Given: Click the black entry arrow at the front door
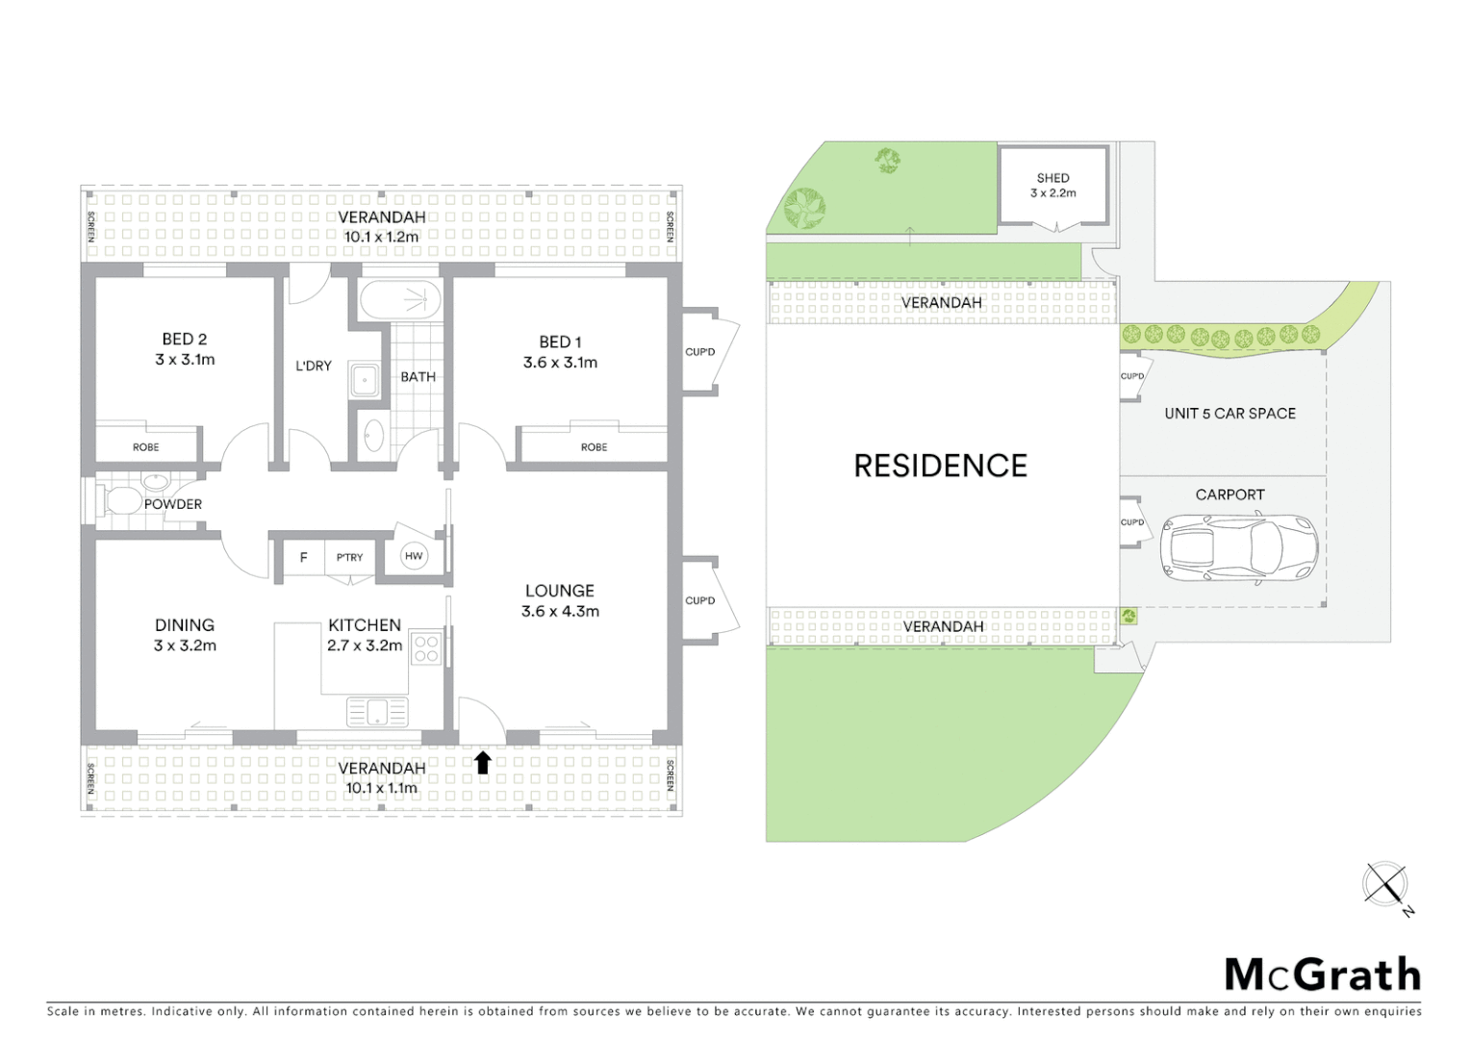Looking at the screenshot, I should pos(483,763).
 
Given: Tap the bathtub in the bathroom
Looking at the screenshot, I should pos(400,300).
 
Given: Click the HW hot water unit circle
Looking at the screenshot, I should pos(414,556).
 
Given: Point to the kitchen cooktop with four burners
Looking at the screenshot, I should pos(425,648).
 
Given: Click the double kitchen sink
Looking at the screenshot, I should pos(377,713).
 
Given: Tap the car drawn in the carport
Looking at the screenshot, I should pos(1239,548).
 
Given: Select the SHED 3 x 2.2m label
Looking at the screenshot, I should pos(1053,186).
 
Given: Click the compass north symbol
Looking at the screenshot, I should pos(1385,885).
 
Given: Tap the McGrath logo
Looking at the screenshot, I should pos(1323,975).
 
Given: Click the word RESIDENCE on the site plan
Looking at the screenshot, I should pos(940,467).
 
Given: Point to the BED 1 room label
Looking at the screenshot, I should pos(560,352).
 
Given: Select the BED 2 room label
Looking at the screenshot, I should pos(185,349).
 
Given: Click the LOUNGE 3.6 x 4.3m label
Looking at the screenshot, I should pos(560,601).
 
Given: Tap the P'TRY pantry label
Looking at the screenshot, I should pos(350,557).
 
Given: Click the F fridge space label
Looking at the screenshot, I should pos(304,557).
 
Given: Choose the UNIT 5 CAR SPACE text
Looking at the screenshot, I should pos(1229,414).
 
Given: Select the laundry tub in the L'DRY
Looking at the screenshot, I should pos(365,379).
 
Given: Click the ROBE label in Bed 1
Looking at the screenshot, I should pos(594,447).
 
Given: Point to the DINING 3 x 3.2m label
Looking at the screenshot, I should pos(185,635).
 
